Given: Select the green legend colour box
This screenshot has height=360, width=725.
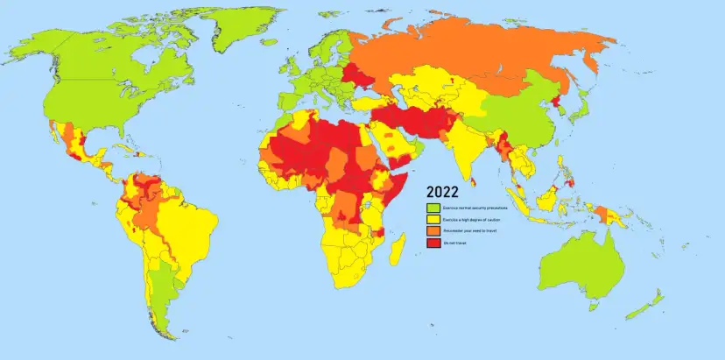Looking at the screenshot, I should [x=432, y=208].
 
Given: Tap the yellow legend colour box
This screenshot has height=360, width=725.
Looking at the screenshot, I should [x=432, y=219].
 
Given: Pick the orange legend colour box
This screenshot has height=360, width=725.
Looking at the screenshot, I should [x=432, y=230].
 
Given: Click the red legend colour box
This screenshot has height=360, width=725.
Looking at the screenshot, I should [x=432, y=242].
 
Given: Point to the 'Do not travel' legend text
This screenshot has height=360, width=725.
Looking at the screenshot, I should [x=454, y=242].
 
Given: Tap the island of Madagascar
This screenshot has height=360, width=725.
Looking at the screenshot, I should [x=397, y=250].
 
